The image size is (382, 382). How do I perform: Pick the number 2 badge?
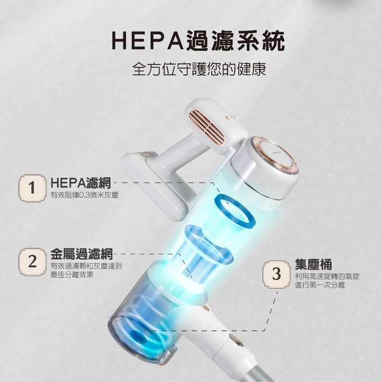pos(32,261)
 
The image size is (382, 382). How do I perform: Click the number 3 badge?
pos(275,275)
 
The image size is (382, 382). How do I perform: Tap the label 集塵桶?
pos(313,265)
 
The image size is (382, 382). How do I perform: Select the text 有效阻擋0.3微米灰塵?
pos(84,195)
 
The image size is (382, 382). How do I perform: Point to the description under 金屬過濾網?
pos(86,270)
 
